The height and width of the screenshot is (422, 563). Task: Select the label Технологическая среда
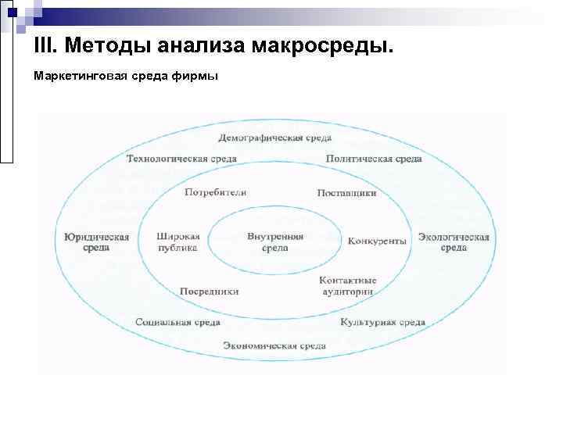[x=181, y=159]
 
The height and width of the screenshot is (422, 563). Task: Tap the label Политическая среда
[x=374, y=159]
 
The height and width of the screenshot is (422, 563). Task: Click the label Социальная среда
[x=178, y=322]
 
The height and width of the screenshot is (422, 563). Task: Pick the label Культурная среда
[x=382, y=322]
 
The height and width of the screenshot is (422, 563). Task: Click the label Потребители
[x=216, y=192]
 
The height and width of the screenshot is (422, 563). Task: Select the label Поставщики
[x=347, y=192]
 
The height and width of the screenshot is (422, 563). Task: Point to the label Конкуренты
[x=377, y=241]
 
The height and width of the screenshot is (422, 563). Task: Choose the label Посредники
[x=209, y=291]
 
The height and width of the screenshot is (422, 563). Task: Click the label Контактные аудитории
[x=348, y=285]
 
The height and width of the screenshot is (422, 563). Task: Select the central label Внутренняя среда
[x=275, y=241]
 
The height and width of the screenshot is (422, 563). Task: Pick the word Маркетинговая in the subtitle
[x=74, y=77]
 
